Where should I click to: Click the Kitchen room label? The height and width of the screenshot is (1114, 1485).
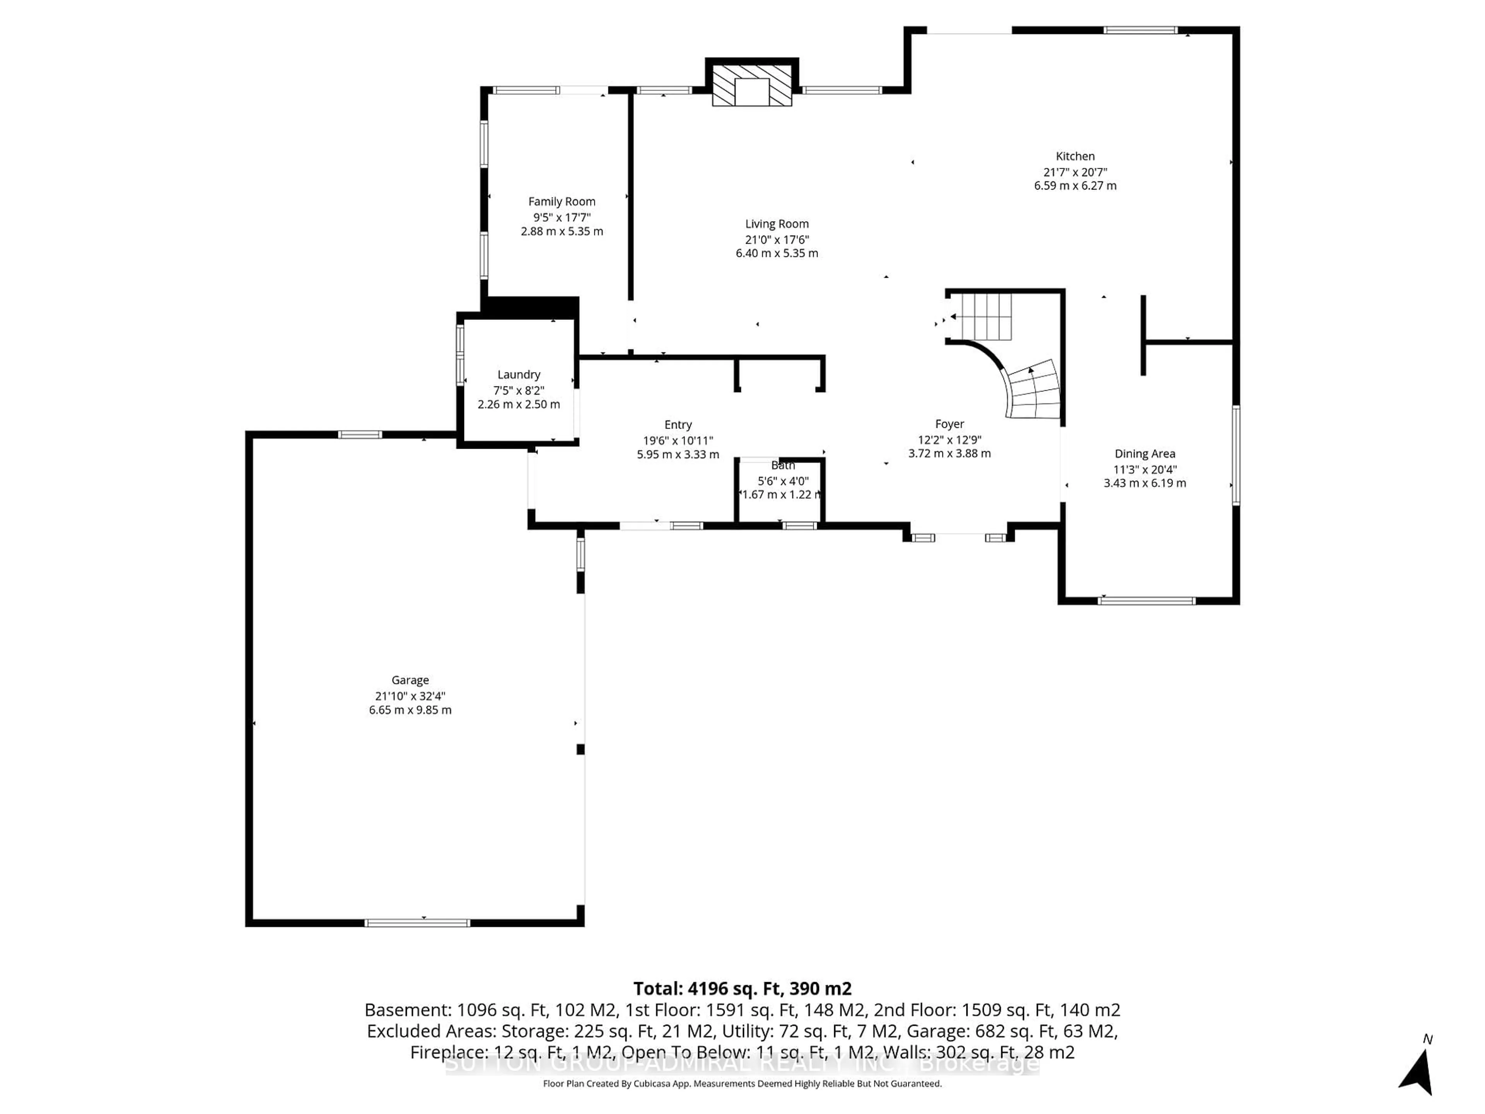point(1075,156)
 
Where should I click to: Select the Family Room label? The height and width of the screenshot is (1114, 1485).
point(561,202)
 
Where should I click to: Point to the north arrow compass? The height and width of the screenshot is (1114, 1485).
point(1418,1072)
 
